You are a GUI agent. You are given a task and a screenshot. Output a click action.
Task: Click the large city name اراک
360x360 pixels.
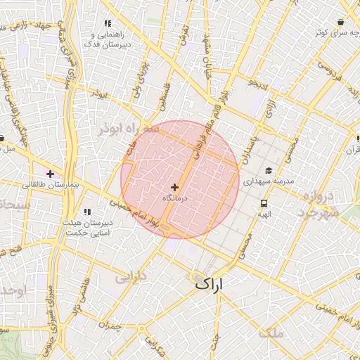[211, 284]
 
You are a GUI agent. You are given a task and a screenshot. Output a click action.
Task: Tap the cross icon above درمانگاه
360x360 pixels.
[174, 187]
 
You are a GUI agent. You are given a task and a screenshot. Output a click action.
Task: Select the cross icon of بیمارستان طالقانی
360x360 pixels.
[50, 173]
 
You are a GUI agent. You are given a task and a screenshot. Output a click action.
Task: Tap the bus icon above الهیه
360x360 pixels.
[263, 203]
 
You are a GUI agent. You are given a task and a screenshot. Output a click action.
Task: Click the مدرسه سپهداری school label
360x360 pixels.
[267, 181]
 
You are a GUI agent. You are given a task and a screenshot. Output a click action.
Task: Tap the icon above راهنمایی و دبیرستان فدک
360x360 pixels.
[107, 24]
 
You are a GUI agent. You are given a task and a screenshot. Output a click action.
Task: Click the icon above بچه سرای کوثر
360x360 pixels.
[340, 22]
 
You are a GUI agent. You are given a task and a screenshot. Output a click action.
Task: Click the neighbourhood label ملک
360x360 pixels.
[271, 333]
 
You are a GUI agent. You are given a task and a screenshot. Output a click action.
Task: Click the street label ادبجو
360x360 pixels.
[258, 84]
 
